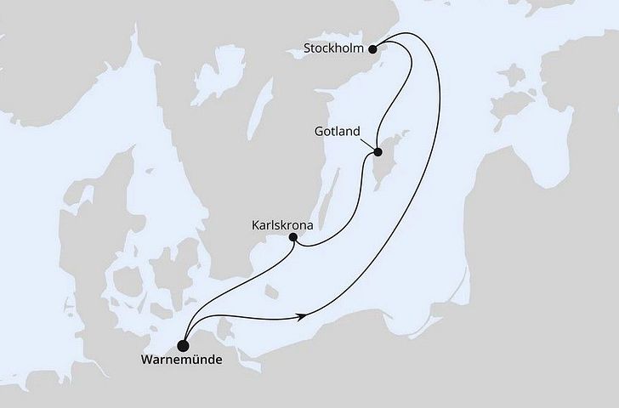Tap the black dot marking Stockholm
(x=372, y=48)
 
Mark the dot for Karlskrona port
(x=293, y=238)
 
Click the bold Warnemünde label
(x=182, y=360)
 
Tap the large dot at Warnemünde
(x=182, y=344)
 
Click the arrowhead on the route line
(x=302, y=317)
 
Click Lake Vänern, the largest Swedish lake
(x=224, y=71)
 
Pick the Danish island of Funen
(x=125, y=280)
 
